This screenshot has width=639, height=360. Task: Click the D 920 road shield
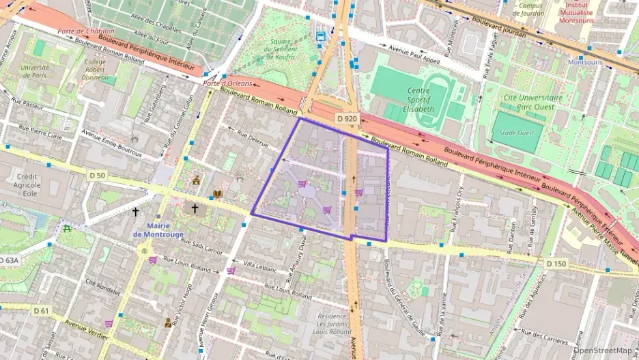click(347, 119)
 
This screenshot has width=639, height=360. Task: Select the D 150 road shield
click(556, 263)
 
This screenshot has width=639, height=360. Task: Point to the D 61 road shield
click(41, 311)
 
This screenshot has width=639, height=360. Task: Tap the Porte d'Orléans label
click(228, 83)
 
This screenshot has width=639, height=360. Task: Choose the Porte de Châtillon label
click(85, 31)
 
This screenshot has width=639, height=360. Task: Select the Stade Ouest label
click(517, 133)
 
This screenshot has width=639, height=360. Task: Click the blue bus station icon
click(320, 36)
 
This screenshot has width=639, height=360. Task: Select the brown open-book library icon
click(218, 194)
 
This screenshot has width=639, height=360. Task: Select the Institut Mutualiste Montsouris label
click(577, 12)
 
